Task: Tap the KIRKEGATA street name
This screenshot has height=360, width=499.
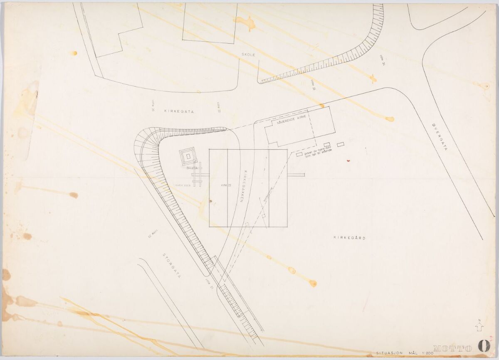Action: [179, 111]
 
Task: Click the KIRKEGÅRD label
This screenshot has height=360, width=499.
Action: [349, 237]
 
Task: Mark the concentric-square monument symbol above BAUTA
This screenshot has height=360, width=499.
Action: [188, 156]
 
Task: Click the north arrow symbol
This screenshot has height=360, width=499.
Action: [479, 327]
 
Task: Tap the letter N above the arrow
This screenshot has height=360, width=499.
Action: [479, 320]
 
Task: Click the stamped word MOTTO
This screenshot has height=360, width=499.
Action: [452, 348]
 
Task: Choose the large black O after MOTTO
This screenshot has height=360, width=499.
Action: [484, 346]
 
